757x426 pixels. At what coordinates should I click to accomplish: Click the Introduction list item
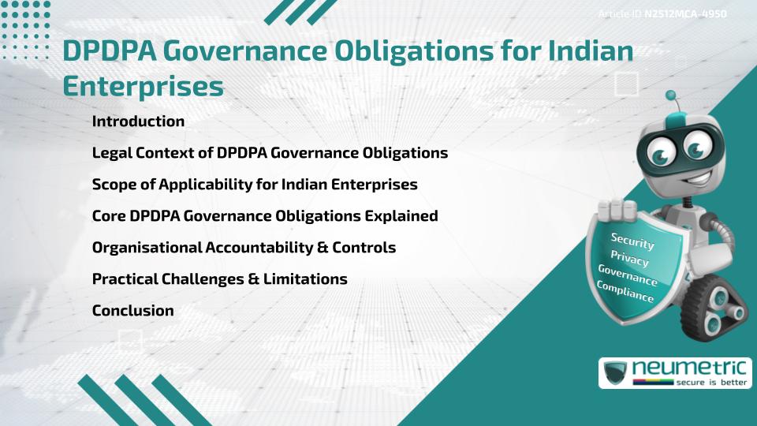(x=138, y=121)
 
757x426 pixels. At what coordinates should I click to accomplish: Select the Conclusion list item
(x=132, y=311)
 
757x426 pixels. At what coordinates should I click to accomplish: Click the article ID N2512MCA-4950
(x=684, y=13)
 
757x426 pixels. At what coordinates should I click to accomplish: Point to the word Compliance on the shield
(x=625, y=291)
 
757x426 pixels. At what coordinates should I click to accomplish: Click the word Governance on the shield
(x=628, y=275)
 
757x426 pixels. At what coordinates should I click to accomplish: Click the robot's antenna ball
(x=671, y=96)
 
